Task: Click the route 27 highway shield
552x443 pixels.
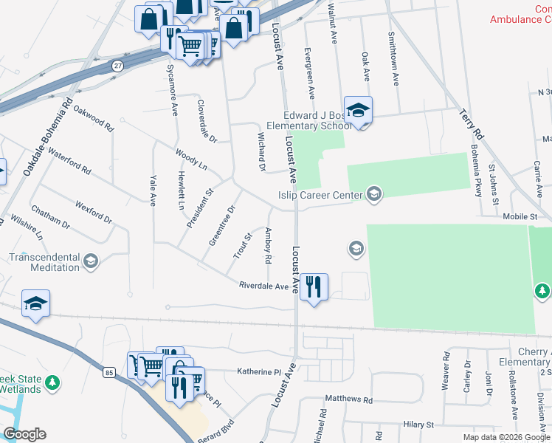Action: (117, 66)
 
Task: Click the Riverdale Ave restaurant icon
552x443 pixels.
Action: (314, 286)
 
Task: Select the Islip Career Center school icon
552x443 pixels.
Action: (374, 194)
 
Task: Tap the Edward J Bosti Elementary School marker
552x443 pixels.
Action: (358, 111)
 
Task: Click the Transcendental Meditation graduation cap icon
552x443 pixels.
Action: (91, 261)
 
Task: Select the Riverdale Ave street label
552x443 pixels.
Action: (263, 286)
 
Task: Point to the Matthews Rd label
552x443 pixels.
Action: (348, 399)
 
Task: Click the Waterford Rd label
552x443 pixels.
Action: (69, 162)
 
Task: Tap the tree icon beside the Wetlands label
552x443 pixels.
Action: (52, 383)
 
